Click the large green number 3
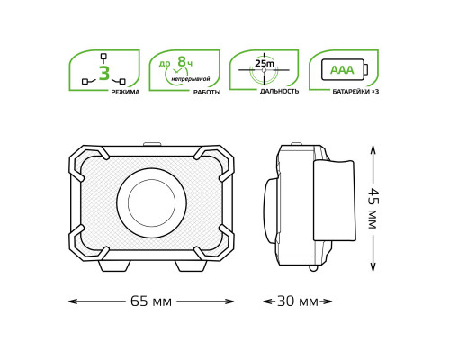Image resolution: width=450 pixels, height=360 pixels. pyautogui.click(x=103, y=74)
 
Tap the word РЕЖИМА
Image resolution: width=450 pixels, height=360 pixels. pyautogui.click(x=125, y=92)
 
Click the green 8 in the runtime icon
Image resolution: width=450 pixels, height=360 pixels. pyautogui.click(x=182, y=61)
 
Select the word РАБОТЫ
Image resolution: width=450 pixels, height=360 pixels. pyautogui.click(x=207, y=92)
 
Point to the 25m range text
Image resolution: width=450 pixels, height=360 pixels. pyautogui.click(x=265, y=64)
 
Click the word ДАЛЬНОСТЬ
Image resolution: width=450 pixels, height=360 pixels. pyautogui.click(x=279, y=91)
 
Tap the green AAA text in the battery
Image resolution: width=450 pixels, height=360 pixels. pyautogui.click(x=342, y=70)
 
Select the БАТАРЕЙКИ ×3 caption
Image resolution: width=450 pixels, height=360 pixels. pyautogui.click(x=355, y=92)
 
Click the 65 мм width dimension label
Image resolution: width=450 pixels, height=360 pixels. pyautogui.click(x=151, y=301)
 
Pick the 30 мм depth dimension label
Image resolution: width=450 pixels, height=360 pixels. pyautogui.click(x=298, y=301)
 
